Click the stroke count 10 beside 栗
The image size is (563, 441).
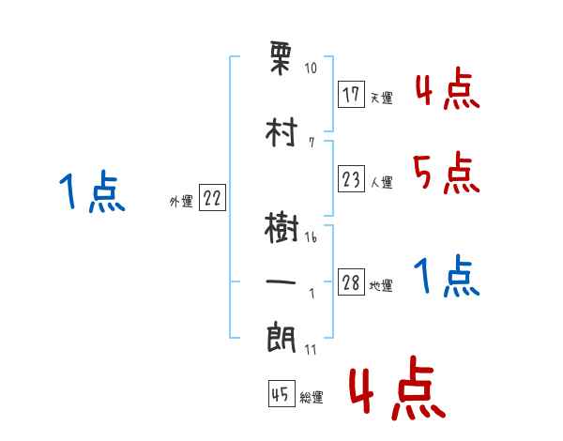click(311, 68)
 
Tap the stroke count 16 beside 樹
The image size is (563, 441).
click(311, 238)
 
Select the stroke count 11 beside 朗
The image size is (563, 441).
click(311, 349)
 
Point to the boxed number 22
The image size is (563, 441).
click(212, 198)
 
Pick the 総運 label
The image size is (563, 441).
click(311, 398)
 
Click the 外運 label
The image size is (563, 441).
click(181, 201)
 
